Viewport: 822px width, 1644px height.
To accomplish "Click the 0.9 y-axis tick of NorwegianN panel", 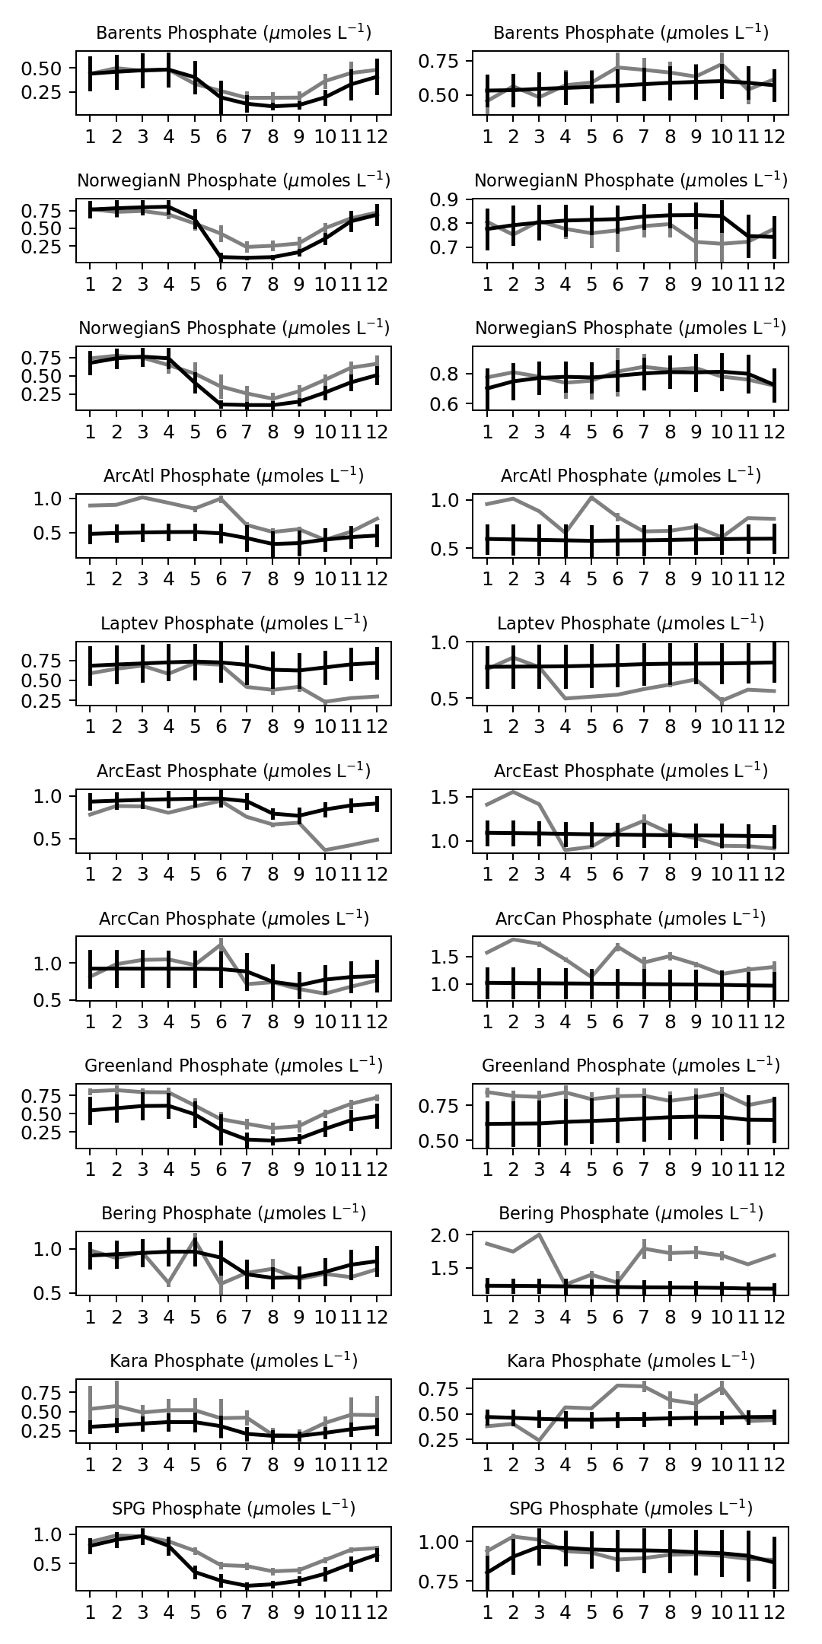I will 454,199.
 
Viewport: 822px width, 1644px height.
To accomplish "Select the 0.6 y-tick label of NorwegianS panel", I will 454,403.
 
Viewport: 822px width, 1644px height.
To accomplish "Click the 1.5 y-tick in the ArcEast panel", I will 454,798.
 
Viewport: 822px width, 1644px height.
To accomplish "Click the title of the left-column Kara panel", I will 234,1360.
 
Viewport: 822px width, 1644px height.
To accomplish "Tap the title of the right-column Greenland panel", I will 630,1066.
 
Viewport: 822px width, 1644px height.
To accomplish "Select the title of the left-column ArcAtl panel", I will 234,476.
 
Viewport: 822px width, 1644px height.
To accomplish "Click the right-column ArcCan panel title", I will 630,919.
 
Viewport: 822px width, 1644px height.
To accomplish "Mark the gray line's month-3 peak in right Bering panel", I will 539,1235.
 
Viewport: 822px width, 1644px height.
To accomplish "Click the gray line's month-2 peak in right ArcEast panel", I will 513,792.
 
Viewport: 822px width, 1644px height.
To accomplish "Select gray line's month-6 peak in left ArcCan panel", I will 221,945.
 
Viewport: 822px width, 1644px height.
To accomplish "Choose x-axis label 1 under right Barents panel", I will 487,136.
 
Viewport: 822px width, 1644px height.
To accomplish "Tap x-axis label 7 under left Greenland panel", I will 247,1168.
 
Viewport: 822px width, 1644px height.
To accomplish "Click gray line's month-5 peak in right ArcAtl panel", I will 591,498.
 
